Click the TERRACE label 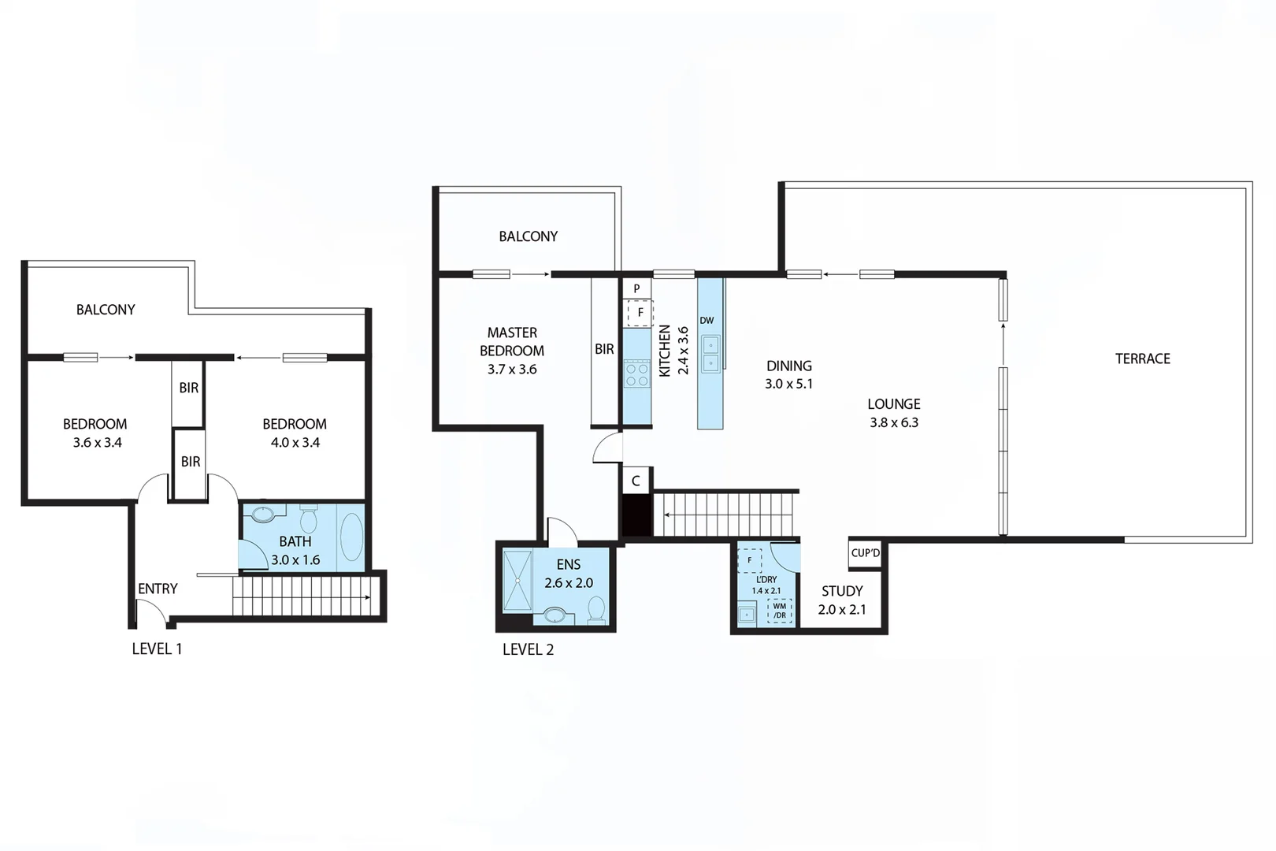click(1142, 359)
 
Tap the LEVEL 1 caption click(157, 648)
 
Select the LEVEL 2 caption click(528, 649)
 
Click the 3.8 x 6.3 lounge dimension click(894, 422)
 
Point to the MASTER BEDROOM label click(512, 342)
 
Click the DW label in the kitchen click(707, 321)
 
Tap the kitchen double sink click(710, 353)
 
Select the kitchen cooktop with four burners click(636, 373)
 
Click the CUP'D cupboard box click(865, 553)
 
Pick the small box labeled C click(636, 481)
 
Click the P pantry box click(636, 288)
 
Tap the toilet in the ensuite click(596, 610)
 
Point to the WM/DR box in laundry click(779, 611)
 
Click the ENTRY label click(158, 589)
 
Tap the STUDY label click(842, 591)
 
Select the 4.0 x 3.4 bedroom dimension click(295, 443)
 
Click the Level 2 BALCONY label click(528, 236)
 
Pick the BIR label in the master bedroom click(604, 349)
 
